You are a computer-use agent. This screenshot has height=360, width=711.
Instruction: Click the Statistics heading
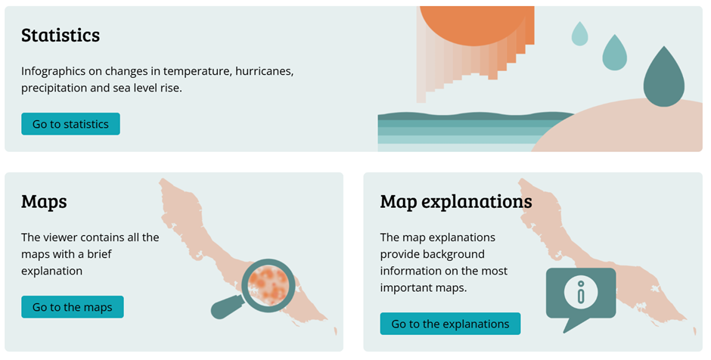click(61, 36)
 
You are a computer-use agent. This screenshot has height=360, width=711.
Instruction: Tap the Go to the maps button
click(72, 307)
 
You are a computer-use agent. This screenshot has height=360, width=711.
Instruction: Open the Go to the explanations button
click(450, 324)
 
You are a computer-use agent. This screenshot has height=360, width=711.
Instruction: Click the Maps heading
click(44, 202)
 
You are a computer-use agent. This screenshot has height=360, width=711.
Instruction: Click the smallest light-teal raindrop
click(579, 33)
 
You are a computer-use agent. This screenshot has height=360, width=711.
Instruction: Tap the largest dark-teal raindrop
click(664, 78)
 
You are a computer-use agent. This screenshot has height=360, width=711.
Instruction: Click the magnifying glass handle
click(228, 307)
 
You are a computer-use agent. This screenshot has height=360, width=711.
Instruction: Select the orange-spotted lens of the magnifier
click(269, 285)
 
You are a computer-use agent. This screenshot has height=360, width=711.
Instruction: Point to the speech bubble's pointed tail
click(573, 324)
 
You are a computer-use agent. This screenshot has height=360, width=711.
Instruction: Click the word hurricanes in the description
click(264, 71)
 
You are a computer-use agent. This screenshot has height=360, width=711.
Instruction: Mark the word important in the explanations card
click(400, 288)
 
